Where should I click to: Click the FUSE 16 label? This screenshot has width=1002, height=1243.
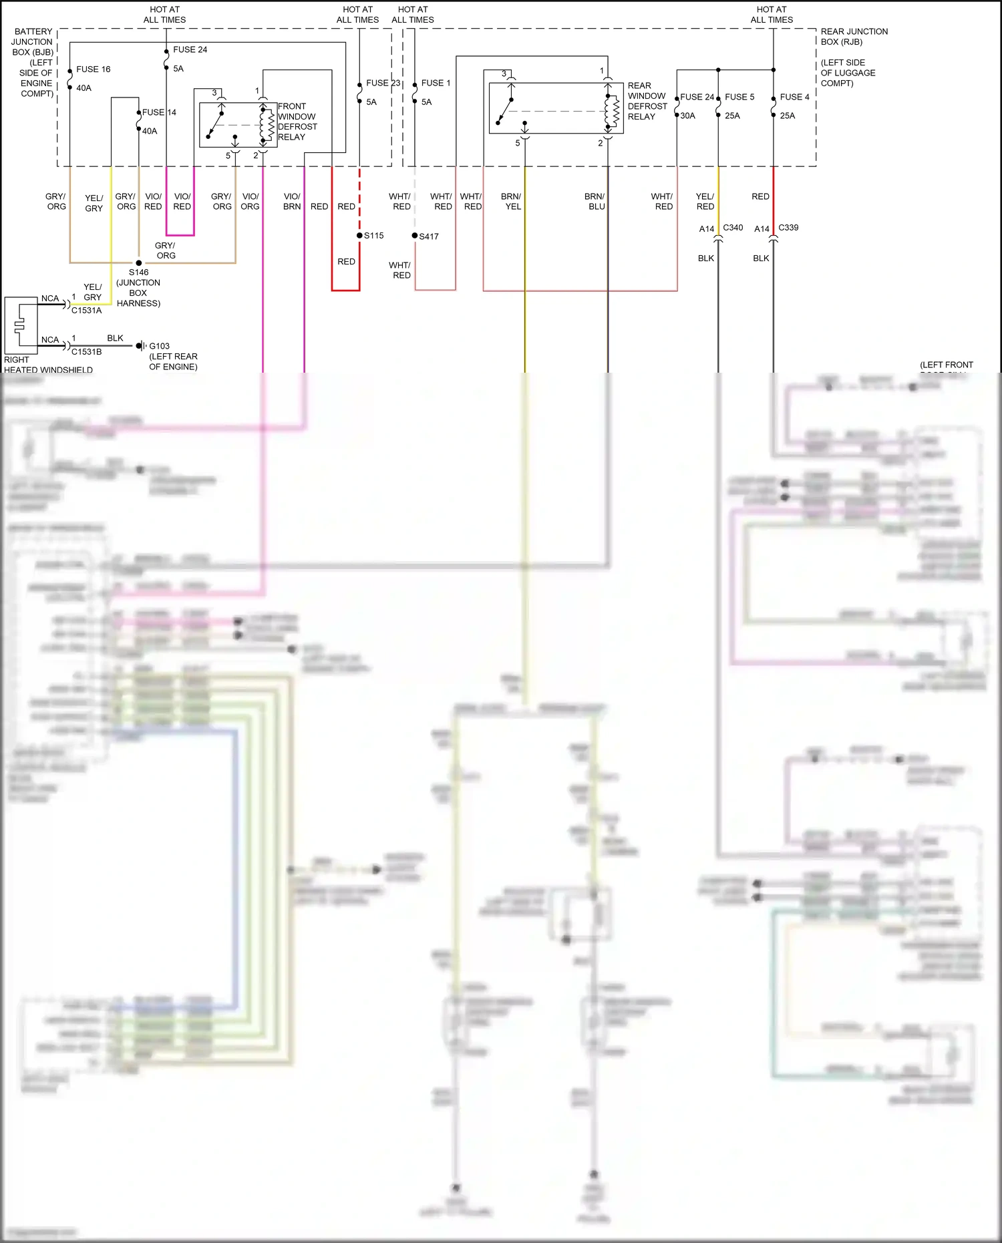(x=93, y=69)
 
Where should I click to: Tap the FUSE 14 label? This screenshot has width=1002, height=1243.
(x=159, y=112)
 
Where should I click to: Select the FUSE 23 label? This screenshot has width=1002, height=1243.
(x=383, y=83)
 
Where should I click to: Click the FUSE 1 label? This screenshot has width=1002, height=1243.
(x=436, y=83)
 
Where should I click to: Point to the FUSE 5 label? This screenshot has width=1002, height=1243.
(x=739, y=97)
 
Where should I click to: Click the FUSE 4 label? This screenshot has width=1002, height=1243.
(x=794, y=97)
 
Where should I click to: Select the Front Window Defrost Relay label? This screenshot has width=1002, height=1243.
(x=297, y=122)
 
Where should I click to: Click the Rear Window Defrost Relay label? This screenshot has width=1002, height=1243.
(x=647, y=101)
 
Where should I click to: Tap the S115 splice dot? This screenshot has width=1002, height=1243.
(x=359, y=235)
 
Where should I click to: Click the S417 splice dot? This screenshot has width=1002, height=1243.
(x=415, y=235)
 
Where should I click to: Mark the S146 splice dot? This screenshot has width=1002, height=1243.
(x=139, y=262)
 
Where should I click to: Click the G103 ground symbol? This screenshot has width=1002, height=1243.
(x=140, y=345)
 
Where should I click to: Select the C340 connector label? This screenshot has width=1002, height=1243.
(x=733, y=228)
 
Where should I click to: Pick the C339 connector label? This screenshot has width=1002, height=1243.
(x=788, y=228)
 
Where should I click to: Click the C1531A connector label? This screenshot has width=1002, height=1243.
(x=87, y=311)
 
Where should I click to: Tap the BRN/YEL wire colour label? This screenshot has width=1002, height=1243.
(x=512, y=201)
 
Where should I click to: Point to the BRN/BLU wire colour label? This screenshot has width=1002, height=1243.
(x=595, y=201)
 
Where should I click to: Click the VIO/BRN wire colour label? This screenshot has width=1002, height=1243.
(x=292, y=201)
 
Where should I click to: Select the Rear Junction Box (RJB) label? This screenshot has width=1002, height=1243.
(x=854, y=37)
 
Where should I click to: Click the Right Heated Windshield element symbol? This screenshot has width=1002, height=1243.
(x=20, y=325)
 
